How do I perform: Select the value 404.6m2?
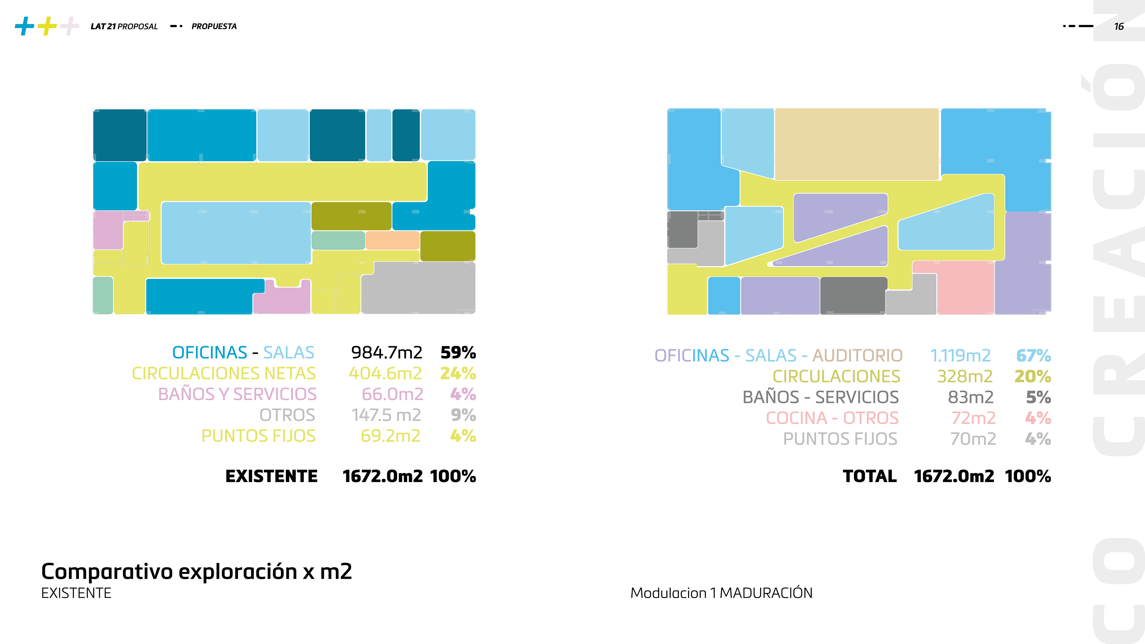[x=385, y=373]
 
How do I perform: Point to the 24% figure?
[x=458, y=373]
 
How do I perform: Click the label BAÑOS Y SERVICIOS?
[x=237, y=394]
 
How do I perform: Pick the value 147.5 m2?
[x=386, y=415]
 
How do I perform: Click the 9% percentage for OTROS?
[x=463, y=415]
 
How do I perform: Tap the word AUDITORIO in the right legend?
[x=858, y=356]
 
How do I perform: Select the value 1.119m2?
[x=960, y=356]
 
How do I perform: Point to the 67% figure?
[x=1033, y=356]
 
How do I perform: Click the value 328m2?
[x=965, y=377]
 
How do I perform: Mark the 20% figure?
[x=1033, y=377]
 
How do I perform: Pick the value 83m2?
[x=970, y=397]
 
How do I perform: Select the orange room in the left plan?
[x=392, y=240]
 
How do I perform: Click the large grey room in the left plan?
[x=418, y=288]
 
